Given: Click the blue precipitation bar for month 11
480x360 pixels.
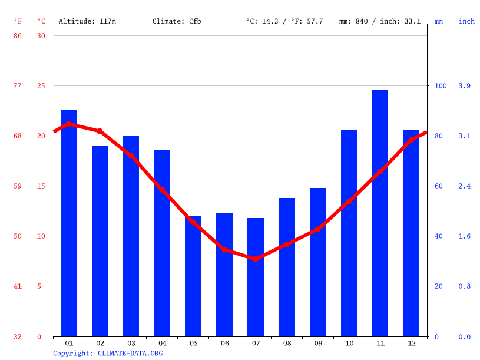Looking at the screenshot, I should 380,213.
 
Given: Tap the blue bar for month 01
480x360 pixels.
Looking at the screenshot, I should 68,223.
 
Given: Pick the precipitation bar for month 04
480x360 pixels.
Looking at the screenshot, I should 162,243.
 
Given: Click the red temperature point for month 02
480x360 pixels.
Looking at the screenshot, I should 100,131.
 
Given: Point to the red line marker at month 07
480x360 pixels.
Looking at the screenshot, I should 256,259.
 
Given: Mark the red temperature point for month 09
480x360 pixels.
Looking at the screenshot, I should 318,229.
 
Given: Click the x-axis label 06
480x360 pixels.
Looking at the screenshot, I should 224,343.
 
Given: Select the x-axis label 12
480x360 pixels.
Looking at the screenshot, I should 411,343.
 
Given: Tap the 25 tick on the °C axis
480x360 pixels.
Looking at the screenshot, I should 41,86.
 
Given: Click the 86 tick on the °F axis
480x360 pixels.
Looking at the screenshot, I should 18,36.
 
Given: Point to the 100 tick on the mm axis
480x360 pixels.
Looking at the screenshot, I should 441,86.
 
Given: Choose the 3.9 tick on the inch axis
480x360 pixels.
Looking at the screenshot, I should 465,86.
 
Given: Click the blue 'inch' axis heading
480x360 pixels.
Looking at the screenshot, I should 466,21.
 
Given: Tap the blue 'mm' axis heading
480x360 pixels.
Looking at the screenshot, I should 439,21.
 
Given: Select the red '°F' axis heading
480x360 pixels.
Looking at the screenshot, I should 18,21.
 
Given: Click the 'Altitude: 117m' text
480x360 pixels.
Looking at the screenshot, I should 87,21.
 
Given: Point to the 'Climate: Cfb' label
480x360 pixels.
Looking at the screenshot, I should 177,21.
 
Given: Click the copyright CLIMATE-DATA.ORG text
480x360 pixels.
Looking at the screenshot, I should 108,354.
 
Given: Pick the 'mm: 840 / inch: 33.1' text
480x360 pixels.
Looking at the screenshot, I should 380,21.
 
